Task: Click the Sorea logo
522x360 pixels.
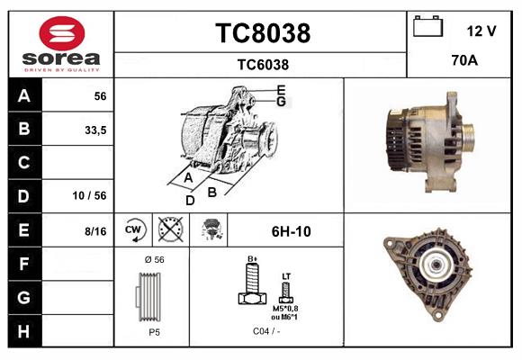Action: point(61,44)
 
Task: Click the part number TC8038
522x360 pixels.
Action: point(262,33)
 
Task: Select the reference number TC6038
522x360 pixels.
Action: point(262,64)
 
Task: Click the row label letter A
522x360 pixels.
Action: point(24,96)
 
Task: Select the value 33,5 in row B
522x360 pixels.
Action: point(94,130)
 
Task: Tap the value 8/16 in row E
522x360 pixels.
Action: point(94,231)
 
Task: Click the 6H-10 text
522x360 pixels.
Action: point(291,231)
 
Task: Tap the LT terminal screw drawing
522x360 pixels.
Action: point(286,290)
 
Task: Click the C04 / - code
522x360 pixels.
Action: point(265,330)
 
